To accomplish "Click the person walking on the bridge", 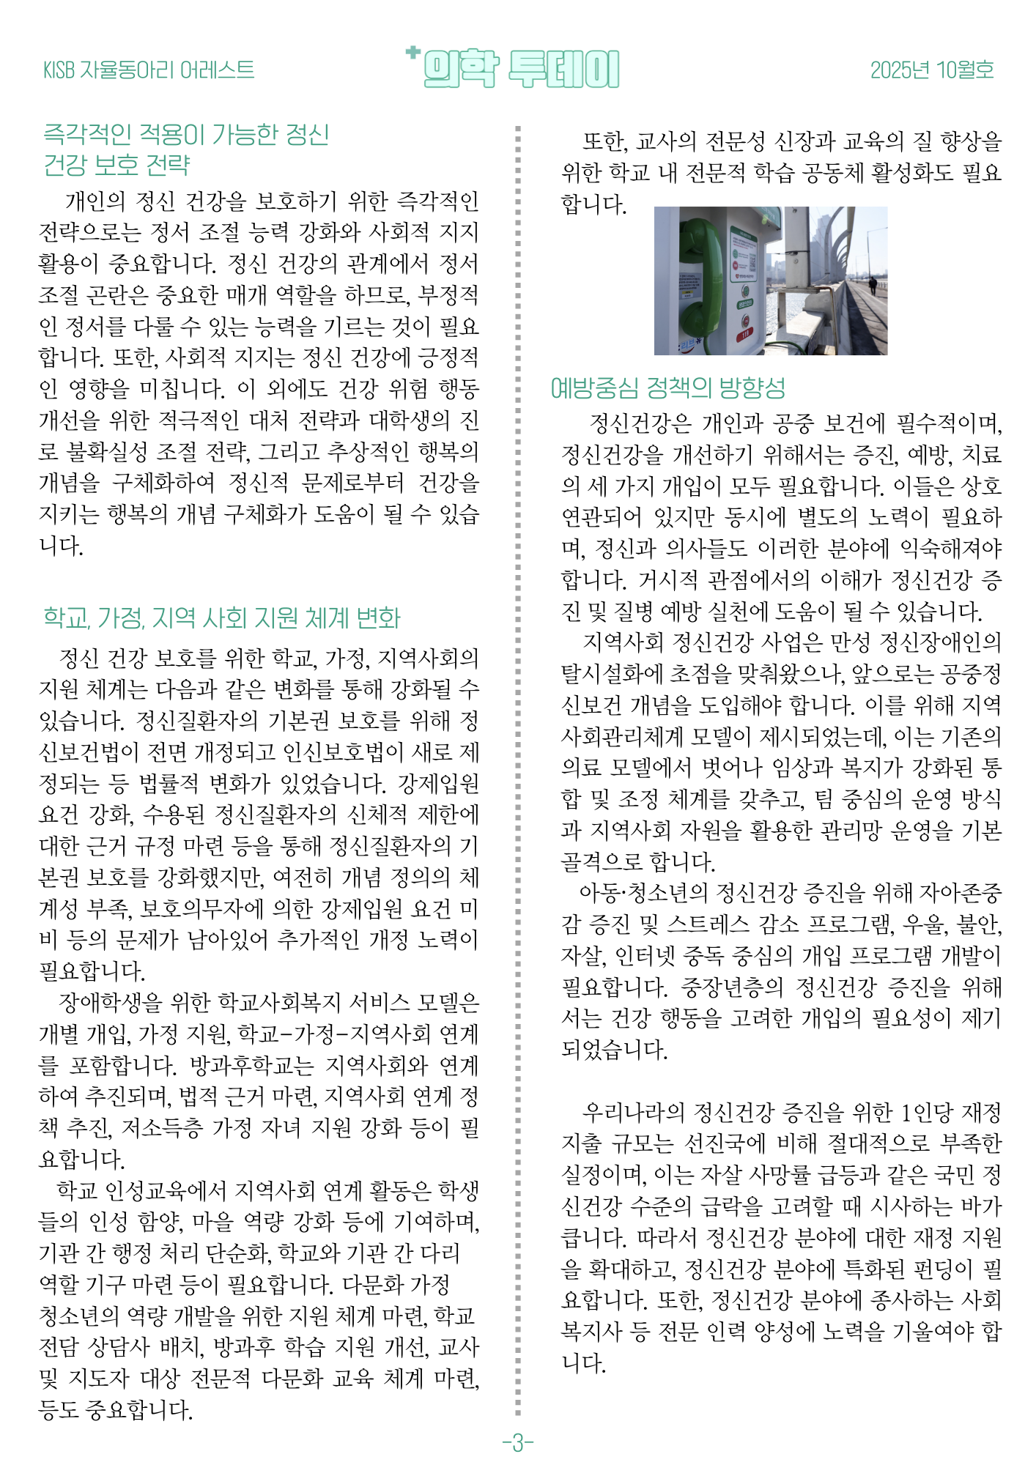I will pos(872,283).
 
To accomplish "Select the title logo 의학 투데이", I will pos(521,70).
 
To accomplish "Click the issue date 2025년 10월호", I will pos(931,70).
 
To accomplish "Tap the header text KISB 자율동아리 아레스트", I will pos(149,70).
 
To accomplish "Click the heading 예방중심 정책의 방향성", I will pos(667,387).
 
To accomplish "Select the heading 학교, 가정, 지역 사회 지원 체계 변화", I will pos(222,617).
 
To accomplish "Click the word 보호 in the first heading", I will pos(116,165).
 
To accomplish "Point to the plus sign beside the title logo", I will pos(413,52).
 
